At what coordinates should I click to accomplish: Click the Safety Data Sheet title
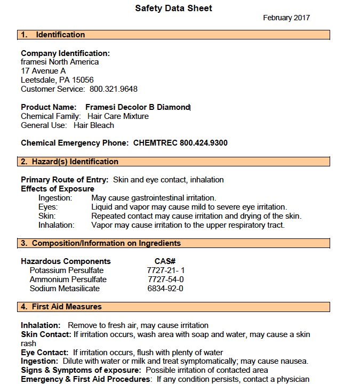(173, 8)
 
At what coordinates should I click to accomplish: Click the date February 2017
(286, 18)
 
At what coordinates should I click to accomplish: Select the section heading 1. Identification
(53, 35)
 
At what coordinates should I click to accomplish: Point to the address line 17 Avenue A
(43, 71)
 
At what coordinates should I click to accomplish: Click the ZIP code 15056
(82, 80)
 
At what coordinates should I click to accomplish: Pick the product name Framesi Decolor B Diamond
(138, 107)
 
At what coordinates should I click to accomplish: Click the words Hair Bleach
(94, 125)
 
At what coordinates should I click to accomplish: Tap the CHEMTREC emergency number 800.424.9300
(204, 143)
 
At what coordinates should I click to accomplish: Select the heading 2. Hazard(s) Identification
(69, 162)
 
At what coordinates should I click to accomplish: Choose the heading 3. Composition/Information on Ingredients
(101, 243)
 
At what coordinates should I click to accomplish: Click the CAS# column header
(165, 261)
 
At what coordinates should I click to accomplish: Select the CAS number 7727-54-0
(165, 279)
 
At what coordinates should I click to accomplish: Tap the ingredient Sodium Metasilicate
(65, 289)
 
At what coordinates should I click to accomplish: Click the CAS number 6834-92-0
(165, 289)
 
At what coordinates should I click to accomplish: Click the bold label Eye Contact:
(44, 353)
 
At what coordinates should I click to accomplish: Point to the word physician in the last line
(291, 379)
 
